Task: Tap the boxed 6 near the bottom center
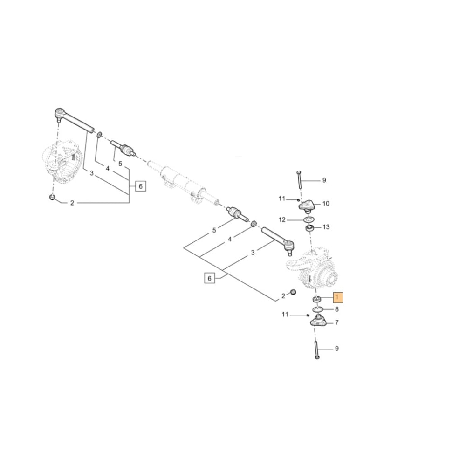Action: [x=209, y=279]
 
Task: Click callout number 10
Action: [x=325, y=204]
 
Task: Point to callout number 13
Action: [x=326, y=227]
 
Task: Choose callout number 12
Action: [x=295, y=219]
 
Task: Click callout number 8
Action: [x=336, y=308]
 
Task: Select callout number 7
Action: [x=336, y=322]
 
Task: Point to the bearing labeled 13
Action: [x=309, y=228]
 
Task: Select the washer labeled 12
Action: [x=308, y=219]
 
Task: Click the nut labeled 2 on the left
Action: [x=53, y=199]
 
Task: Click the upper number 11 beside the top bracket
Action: [x=281, y=199]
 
